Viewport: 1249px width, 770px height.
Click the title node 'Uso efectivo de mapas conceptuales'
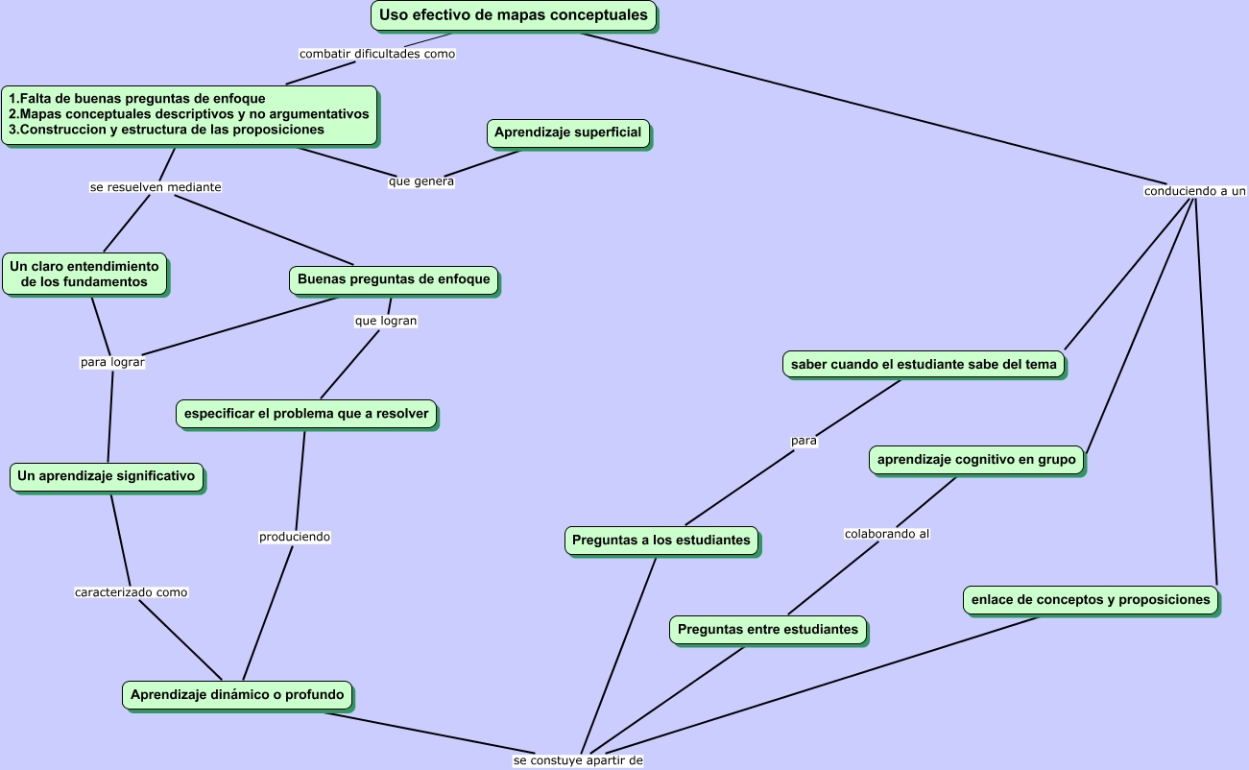[x=514, y=15]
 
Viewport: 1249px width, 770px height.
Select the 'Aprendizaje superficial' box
[x=568, y=132]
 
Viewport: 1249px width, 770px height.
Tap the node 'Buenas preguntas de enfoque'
[x=394, y=279]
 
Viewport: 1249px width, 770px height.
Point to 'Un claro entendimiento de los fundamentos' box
[x=84, y=275]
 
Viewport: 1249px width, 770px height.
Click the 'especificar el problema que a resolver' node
[x=307, y=414]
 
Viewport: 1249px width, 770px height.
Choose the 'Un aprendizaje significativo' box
[x=107, y=476]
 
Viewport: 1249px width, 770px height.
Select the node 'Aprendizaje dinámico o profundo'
[x=237, y=694]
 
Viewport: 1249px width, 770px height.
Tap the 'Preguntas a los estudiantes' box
[x=661, y=541]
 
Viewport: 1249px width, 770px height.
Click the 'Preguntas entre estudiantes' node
[x=768, y=630]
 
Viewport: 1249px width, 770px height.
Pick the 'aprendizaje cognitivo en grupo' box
[x=976, y=460]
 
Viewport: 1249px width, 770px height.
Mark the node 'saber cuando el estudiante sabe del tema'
[x=924, y=365]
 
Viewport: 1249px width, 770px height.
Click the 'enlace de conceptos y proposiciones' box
[x=1091, y=600]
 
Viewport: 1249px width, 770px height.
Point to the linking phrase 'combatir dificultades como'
[x=377, y=54]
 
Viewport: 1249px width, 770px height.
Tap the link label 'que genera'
[x=421, y=181]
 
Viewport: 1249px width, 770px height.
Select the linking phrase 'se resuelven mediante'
[x=156, y=187]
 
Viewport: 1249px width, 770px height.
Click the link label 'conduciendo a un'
[x=1195, y=191]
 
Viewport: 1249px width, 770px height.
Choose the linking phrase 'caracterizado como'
[x=132, y=592]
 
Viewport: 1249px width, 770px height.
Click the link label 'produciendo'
[x=295, y=537]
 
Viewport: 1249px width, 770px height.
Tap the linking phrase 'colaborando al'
[x=887, y=534]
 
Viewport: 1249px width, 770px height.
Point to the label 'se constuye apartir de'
[x=578, y=760]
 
